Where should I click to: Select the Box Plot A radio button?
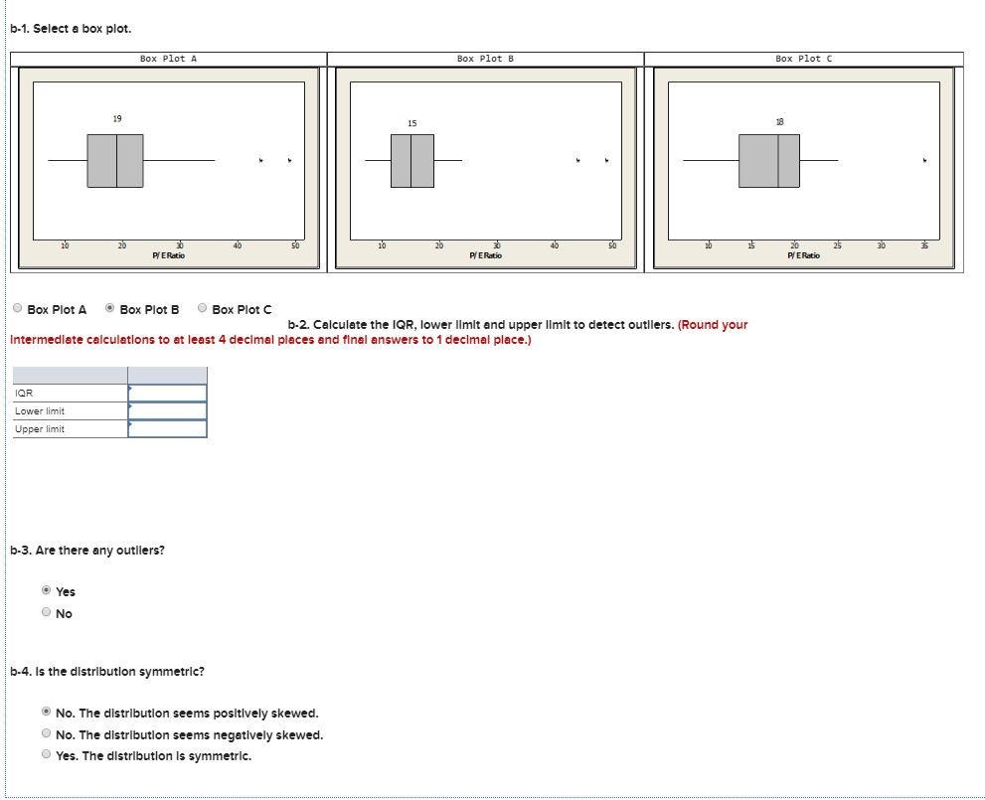point(18,308)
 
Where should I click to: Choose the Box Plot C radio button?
point(203,308)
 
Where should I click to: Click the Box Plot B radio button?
point(110,308)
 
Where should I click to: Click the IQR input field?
point(167,394)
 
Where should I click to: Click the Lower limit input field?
point(167,410)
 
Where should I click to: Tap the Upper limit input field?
point(167,429)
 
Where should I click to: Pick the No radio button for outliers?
point(46,611)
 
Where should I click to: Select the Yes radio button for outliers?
point(46,590)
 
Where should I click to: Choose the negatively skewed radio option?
point(46,733)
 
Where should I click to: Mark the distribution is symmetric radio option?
point(46,754)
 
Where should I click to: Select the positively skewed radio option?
point(46,712)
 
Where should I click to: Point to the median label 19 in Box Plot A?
point(117,118)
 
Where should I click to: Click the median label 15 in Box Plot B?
point(412,123)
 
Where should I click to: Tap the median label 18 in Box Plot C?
point(779,122)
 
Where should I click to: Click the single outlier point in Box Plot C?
point(924,160)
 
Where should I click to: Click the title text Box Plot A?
point(168,59)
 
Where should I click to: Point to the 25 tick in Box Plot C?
point(837,245)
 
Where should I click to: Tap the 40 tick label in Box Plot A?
point(237,245)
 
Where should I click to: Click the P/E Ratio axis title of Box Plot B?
point(486,255)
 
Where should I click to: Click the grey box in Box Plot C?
point(769,161)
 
